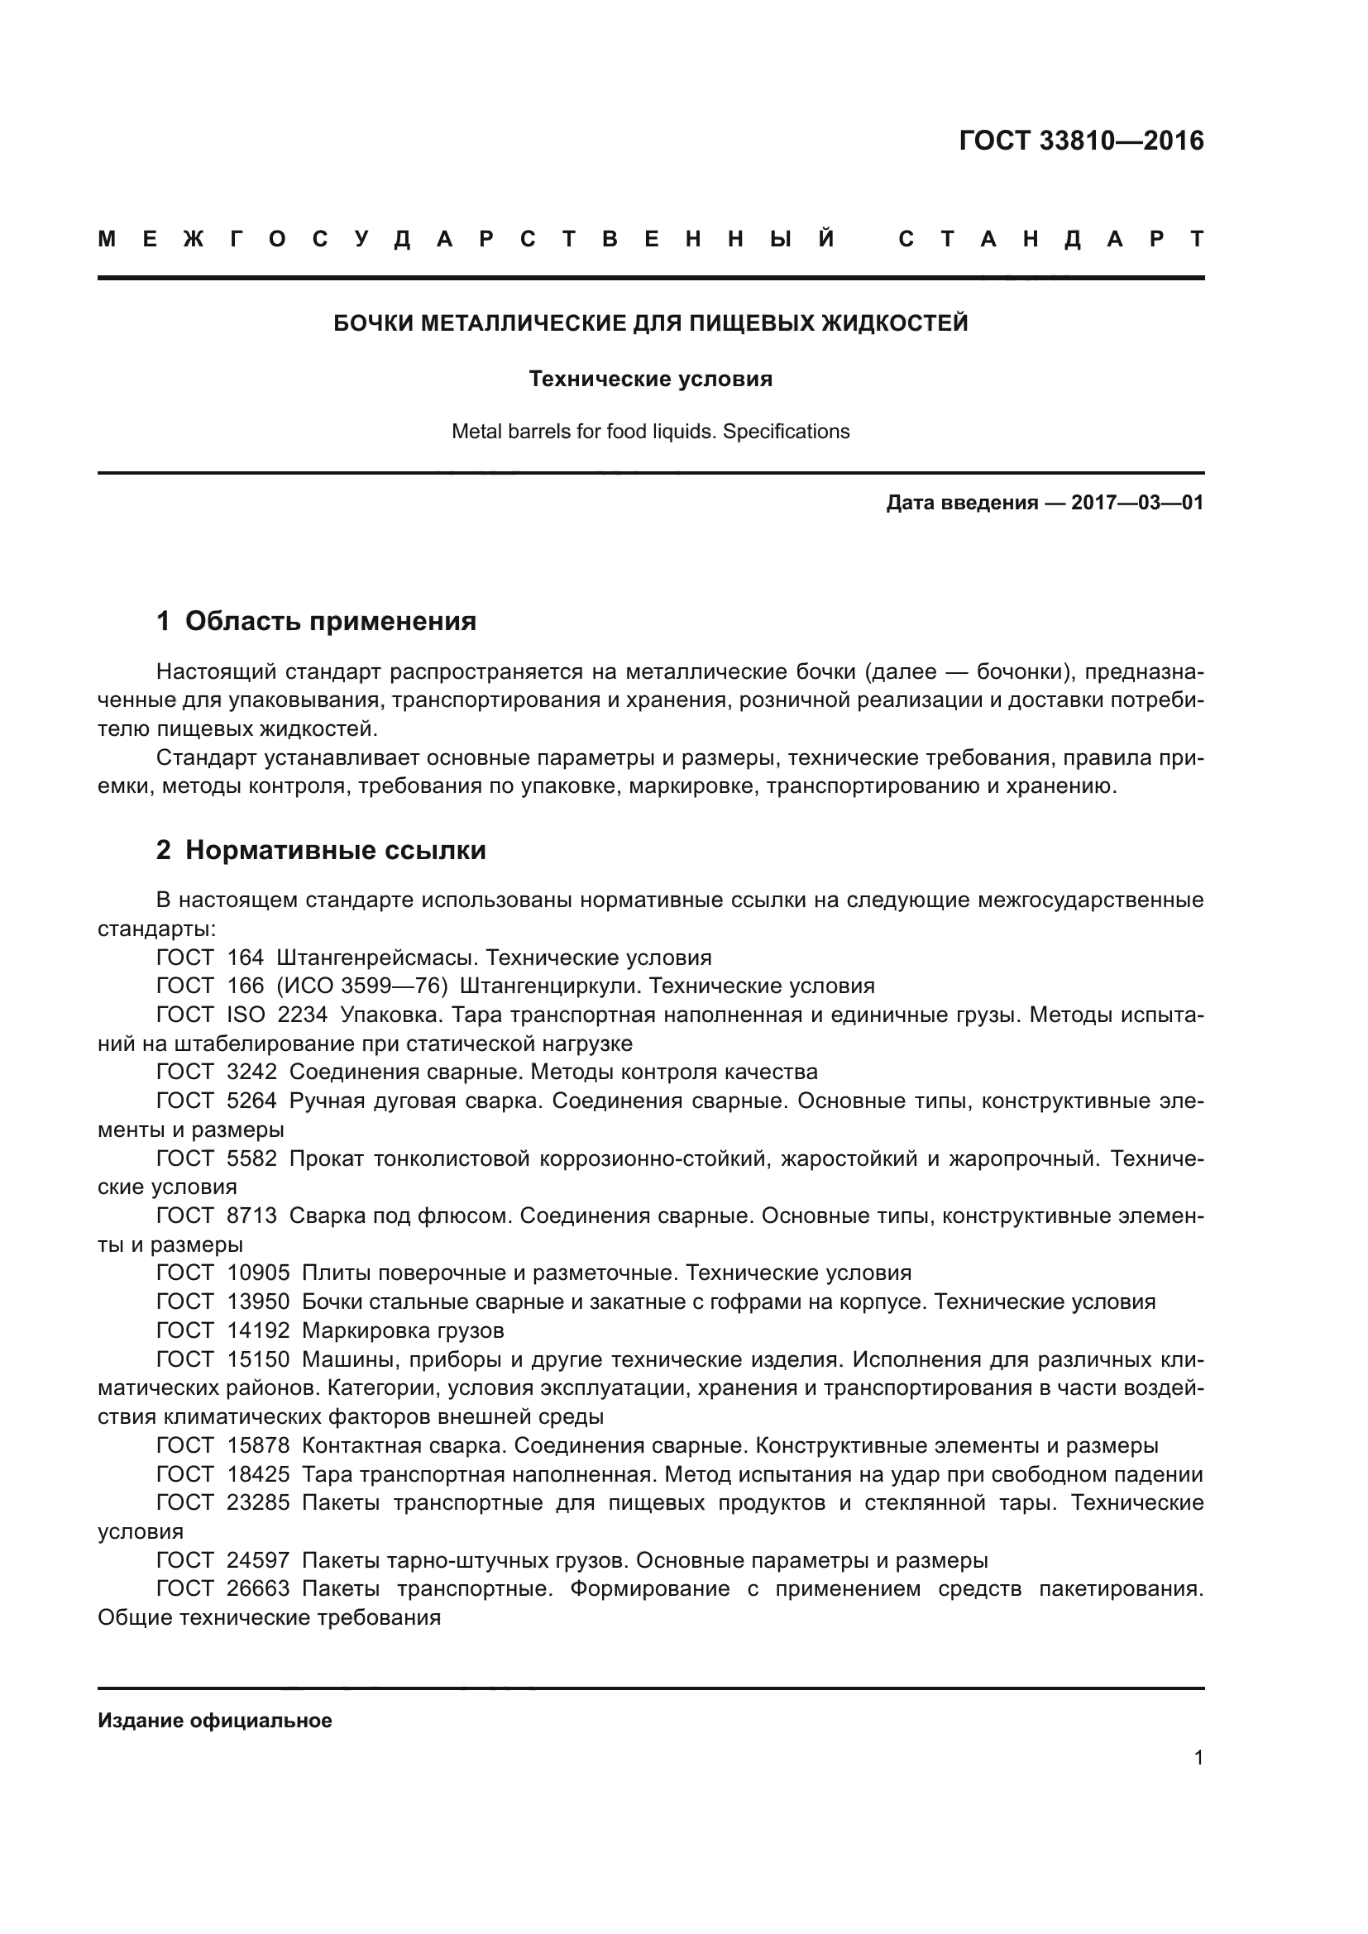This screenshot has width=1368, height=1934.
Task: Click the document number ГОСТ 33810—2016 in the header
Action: (1081, 141)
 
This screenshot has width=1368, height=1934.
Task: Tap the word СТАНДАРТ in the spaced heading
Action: (1050, 240)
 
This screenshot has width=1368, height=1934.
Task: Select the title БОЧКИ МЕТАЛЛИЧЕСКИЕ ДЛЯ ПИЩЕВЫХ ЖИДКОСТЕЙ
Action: (650, 323)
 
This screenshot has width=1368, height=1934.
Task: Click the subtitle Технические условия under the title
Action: (650, 379)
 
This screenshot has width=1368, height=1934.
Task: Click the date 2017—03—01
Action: (1136, 504)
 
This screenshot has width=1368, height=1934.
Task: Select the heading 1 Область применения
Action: (316, 622)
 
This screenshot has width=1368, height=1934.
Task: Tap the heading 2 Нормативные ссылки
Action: (321, 851)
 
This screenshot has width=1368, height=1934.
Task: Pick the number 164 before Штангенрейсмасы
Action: (245, 957)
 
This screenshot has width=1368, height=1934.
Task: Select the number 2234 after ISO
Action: (302, 1015)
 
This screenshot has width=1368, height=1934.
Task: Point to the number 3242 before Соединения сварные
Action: (251, 1072)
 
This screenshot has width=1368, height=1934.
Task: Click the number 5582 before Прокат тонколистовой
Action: (251, 1159)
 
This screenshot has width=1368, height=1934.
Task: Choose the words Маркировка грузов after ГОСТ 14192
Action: (403, 1331)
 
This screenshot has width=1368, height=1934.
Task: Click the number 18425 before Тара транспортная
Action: (258, 1475)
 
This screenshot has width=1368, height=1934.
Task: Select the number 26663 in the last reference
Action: (258, 1589)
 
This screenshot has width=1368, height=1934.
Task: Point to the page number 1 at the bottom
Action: (1198, 1758)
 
